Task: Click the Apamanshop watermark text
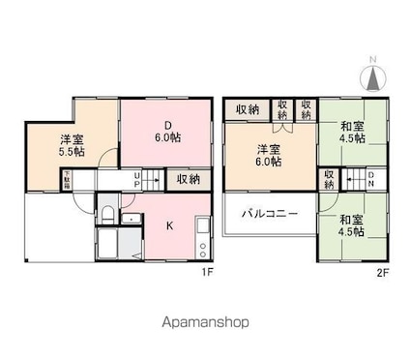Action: coord(204,320)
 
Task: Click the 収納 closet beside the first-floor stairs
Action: coord(188,179)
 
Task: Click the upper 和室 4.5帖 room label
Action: coord(352,132)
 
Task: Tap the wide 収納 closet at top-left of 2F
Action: coord(247,109)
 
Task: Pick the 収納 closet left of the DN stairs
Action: coord(330,179)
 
